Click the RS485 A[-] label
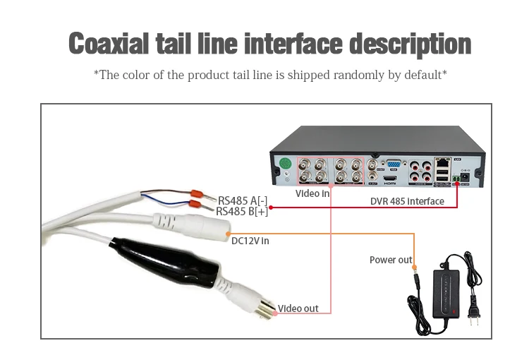[x=243, y=200]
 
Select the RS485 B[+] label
[x=242, y=211]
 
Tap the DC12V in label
[x=250, y=241]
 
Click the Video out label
[x=298, y=308]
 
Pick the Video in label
[x=312, y=193]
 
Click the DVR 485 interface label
[x=407, y=201]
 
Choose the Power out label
[x=391, y=260]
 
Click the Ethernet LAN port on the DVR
[x=443, y=162]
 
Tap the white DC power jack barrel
[x=201, y=226]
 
